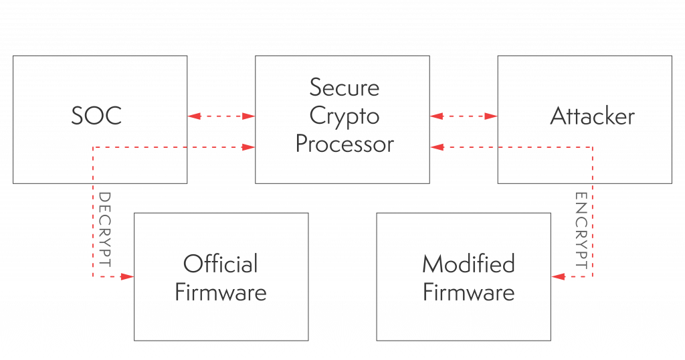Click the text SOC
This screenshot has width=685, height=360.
tap(97, 116)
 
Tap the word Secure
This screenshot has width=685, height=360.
tap(344, 88)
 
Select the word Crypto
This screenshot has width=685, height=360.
tap(344, 116)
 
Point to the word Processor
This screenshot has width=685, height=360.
tap(345, 144)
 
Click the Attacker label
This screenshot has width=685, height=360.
tap(592, 116)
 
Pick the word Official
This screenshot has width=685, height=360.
tap(220, 264)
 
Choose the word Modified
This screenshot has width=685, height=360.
tap(468, 264)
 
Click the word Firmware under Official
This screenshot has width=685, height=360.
tap(220, 292)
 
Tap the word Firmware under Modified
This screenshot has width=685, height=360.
tap(468, 292)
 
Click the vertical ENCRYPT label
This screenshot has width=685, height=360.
tap(581, 231)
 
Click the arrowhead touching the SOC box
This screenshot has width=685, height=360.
tap(194, 116)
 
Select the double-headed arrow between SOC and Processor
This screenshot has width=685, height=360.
tap(221, 116)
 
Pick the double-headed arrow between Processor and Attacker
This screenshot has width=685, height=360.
tap(464, 116)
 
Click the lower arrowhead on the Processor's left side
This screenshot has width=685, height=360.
tap(249, 147)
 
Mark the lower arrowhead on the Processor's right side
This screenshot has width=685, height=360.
tap(436, 147)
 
